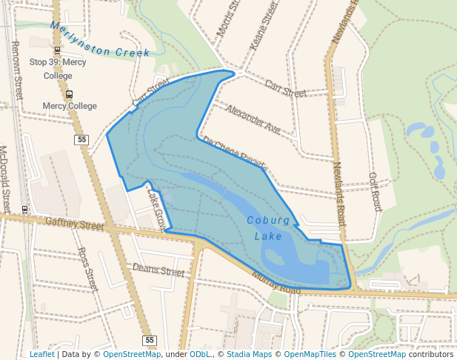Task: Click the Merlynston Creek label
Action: pos(100,41)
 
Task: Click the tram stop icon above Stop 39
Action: pos(57,50)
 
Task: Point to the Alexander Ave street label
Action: pos(253,119)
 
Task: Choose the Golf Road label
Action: pos(374,192)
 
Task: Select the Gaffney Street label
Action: pos(75,223)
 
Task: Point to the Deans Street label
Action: pos(158,270)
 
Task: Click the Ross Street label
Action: pos(87,269)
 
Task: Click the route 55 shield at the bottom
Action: pos(150,340)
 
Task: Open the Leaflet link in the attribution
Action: pos(41,354)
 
